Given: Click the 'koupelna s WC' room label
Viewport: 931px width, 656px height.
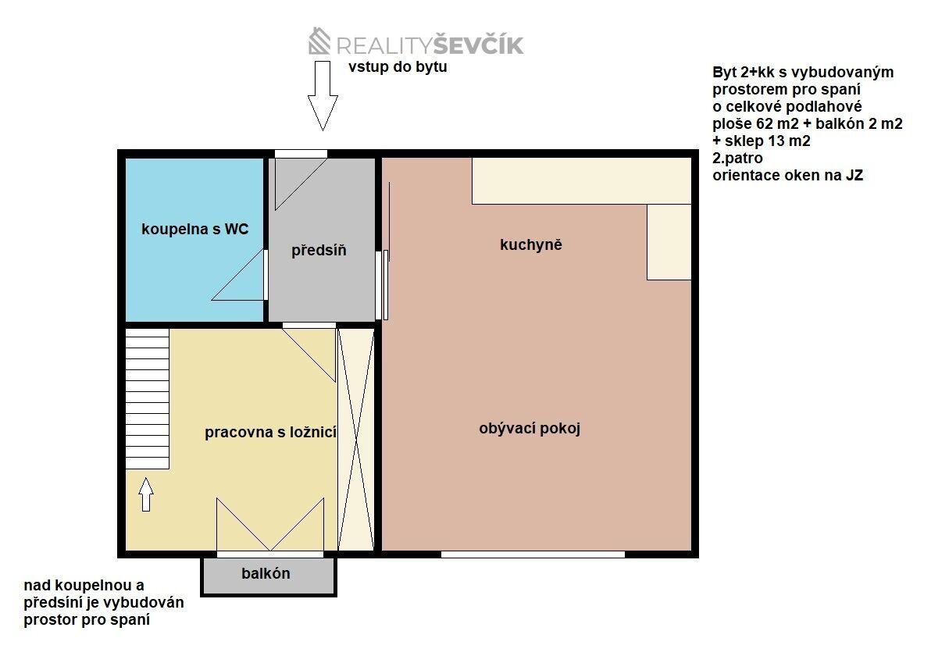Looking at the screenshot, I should [x=194, y=229].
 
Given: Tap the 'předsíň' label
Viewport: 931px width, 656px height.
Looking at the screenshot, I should [x=319, y=251].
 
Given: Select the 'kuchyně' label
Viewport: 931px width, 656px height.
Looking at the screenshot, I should [x=531, y=244].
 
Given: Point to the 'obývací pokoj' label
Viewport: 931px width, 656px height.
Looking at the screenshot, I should [x=530, y=429].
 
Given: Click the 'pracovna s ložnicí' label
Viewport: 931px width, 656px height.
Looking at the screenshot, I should [x=270, y=432].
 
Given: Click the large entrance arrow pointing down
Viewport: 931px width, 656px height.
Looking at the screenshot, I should [x=322, y=94].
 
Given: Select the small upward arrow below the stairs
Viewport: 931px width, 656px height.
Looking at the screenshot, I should [x=146, y=494].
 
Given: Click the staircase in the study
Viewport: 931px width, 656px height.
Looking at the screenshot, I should [x=148, y=398].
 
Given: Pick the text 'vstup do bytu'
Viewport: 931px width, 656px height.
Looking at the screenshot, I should [x=398, y=67].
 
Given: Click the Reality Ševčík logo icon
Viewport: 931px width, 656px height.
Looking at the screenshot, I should [x=320, y=41].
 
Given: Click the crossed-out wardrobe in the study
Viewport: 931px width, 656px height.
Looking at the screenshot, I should [x=355, y=439].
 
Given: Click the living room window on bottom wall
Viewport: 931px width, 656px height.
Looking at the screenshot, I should [x=533, y=554].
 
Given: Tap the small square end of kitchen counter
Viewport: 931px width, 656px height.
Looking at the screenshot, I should [x=669, y=242].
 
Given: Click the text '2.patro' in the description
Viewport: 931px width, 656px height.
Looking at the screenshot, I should [x=737, y=159].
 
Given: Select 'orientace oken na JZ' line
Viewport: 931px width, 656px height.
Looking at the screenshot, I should [x=787, y=176].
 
